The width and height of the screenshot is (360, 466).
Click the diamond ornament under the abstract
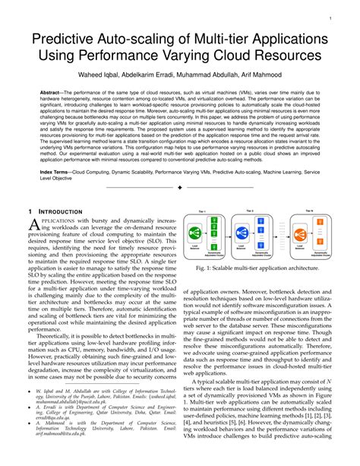180,187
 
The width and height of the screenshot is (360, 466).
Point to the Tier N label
309,211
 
